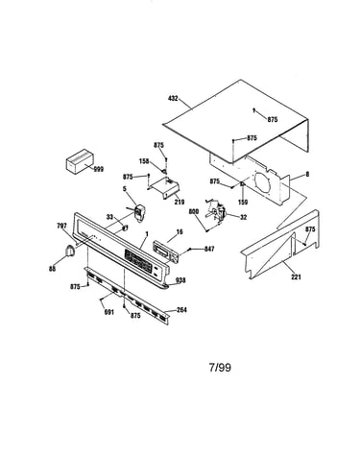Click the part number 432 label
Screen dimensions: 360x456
(x=173, y=99)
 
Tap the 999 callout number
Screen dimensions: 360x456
(x=99, y=169)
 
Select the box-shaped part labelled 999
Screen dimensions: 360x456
(x=80, y=161)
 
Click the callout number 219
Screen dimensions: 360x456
(x=180, y=202)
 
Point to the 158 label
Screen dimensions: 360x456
(x=144, y=161)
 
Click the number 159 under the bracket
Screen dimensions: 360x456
(x=243, y=202)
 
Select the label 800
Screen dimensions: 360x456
(x=194, y=211)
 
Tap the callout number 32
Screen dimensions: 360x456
(x=244, y=217)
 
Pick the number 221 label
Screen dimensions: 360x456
(x=297, y=276)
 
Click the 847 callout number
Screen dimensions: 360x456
(x=209, y=249)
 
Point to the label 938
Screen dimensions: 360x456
(x=180, y=280)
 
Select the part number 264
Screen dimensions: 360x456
(x=181, y=310)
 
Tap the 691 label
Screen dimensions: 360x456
(x=109, y=312)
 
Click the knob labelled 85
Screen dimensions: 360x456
(x=69, y=251)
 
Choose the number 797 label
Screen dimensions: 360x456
(x=61, y=227)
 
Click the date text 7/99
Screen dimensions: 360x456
(x=220, y=367)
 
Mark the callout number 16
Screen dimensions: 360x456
(x=180, y=231)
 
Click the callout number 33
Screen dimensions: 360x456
(x=109, y=217)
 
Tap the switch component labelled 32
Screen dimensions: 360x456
(x=217, y=211)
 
